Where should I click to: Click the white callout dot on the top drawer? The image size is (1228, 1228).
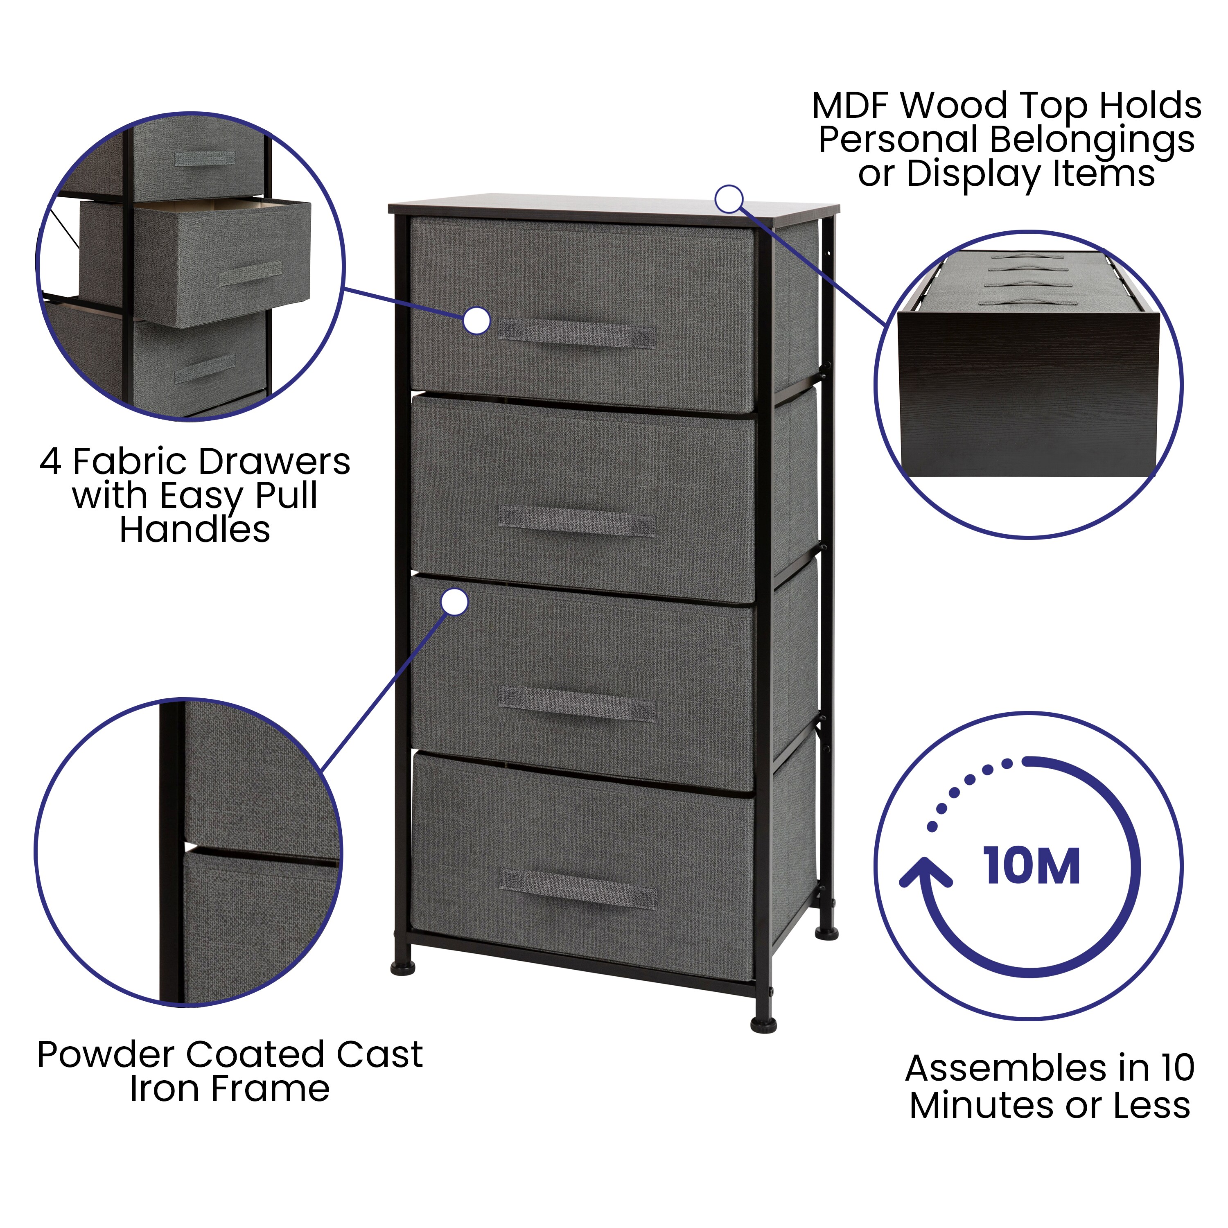[477, 321]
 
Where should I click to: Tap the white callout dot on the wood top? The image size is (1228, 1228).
[729, 199]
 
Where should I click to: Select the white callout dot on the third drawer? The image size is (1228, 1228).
[454, 601]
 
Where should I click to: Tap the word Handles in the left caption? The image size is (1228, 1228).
[194, 529]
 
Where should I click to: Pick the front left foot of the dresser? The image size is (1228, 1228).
[402, 968]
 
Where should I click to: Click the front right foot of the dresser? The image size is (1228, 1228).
[763, 1026]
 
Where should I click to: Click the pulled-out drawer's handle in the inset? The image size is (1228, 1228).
[251, 274]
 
